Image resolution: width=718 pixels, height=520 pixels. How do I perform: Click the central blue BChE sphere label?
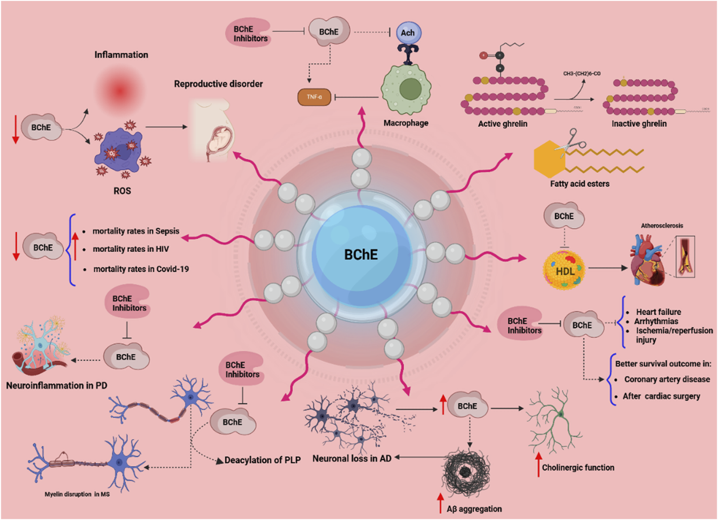[x=361, y=255]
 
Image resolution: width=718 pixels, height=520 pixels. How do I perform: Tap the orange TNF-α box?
[x=314, y=97]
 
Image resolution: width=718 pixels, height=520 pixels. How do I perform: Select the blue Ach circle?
[x=408, y=33]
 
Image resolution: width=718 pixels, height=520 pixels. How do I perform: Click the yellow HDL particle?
[x=564, y=270]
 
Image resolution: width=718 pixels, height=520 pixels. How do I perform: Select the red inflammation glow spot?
[x=119, y=91]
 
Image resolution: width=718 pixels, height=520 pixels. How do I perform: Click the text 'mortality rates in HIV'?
[x=130, y=249]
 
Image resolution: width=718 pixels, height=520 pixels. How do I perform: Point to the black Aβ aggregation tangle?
[x=466, y=471]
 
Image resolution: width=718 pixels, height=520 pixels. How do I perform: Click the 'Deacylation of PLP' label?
[x=263, y=460]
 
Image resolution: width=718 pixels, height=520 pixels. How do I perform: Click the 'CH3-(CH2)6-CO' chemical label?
[x=581, y=74]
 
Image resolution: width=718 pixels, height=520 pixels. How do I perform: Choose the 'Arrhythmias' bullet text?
[x=656, y=321]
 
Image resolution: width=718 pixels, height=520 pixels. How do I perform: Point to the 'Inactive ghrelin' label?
[x=639, y=124]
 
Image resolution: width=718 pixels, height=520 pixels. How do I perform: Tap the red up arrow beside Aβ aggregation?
[x=440, y=503]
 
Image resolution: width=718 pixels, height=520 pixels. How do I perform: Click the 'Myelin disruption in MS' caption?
[x=77, y=494]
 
